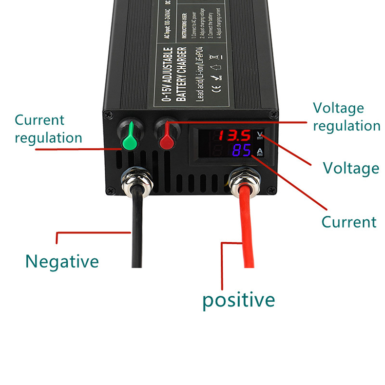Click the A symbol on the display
click(x=260, y=151)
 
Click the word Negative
click(x=62, y=262)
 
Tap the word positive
click(x=238, y=299)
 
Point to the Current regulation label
click(x=48, y=129)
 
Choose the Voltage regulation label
click(x=346, y=117)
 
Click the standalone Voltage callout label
click(x=351, y=168)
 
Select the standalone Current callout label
click(x=349, y=222)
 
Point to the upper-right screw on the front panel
click(x=274, y=115)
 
